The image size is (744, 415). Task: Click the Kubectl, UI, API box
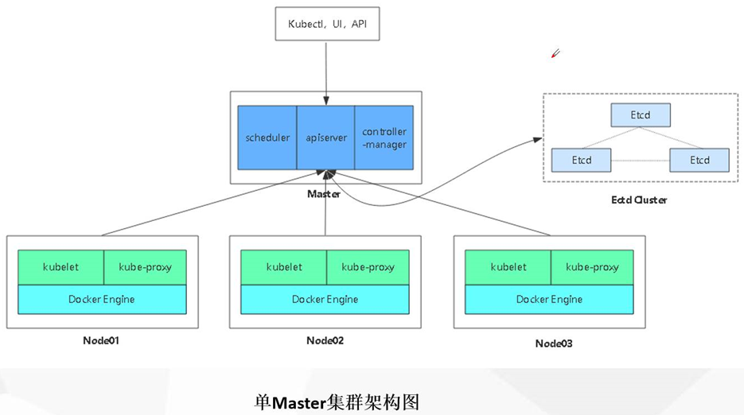[326, 25]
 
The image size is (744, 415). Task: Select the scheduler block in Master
[267, 138]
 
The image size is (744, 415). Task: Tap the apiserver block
[325, 138]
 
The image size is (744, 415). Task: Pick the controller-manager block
[384, 138]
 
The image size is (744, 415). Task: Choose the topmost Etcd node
[641, 115]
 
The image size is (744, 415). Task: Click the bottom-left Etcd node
[581, 160]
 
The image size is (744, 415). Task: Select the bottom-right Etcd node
[699, 160]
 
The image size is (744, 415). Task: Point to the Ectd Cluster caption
[640, 200]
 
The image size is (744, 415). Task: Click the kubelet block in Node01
[61, 267]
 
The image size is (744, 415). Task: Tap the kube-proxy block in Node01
[145, 267]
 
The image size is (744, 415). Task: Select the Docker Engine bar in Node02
[325, 299]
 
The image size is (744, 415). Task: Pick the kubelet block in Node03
[508, 267]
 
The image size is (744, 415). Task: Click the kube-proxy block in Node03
[592, 267]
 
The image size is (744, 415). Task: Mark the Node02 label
[325, 340]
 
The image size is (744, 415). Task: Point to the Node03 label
[554, 343]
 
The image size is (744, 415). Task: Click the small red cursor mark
[555, 54]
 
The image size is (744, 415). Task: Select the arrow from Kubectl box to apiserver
[325, 68]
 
